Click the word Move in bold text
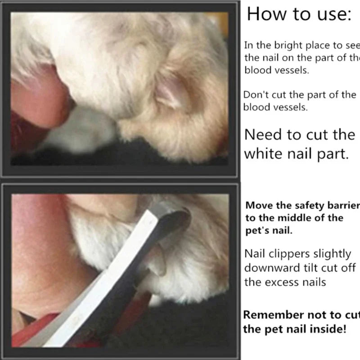click(258, 206)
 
